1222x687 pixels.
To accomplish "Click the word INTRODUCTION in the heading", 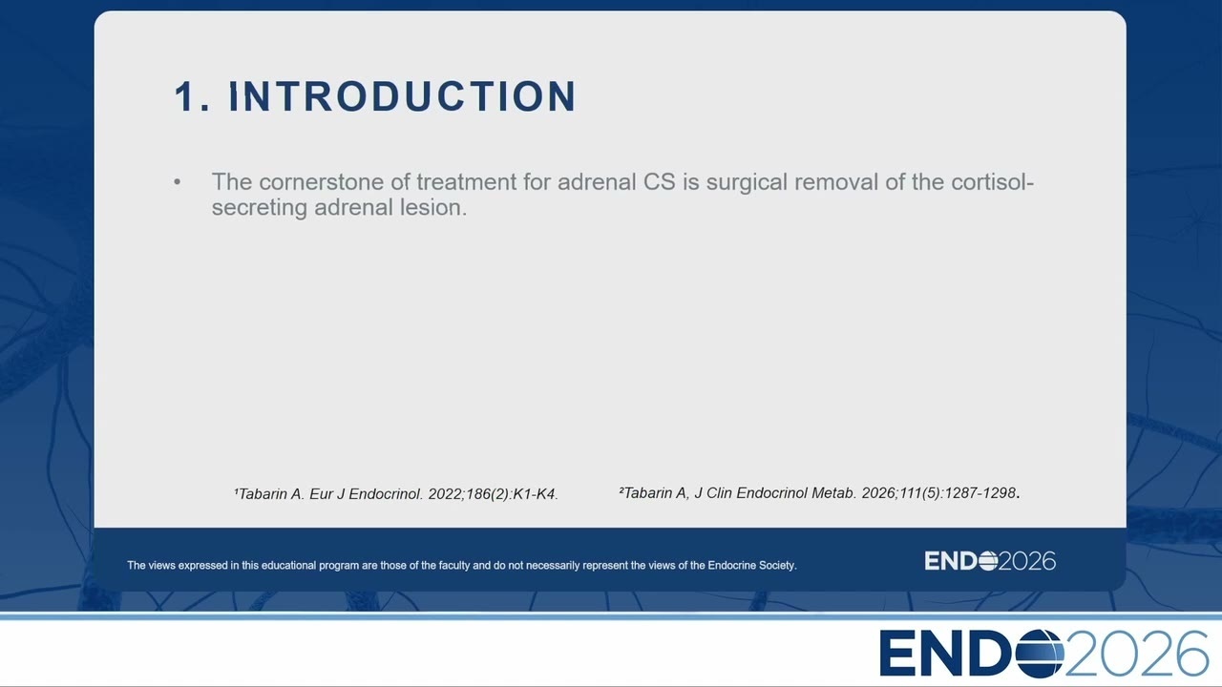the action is (402, 96).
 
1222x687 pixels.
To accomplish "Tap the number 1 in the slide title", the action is (184, 96).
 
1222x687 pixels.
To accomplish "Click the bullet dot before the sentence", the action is (178, 182).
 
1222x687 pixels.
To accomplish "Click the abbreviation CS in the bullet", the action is (660, 182).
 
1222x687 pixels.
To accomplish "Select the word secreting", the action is (259, 208).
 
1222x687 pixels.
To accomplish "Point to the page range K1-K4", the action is (534, 494).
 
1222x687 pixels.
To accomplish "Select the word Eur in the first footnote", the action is (321, 494).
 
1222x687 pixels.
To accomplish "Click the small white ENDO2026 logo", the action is (990, 561).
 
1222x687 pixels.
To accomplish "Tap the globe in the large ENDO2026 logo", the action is (1040, 654).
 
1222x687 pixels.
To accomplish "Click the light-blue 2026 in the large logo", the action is (1135, 654).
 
